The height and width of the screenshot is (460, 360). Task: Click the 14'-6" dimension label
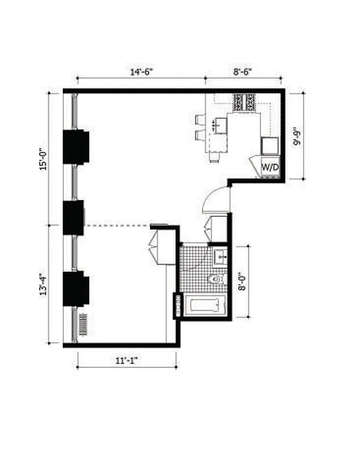coord(141,72)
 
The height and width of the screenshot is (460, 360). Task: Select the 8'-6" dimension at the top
coord(243,72)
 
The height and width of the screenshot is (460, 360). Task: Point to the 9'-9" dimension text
coord(297,134)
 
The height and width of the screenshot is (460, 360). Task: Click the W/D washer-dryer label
coord(270,167)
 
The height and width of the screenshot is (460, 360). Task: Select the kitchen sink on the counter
coord(220,124)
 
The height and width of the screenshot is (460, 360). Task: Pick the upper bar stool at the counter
coord(200,120)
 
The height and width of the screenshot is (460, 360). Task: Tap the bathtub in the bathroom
coord(208,305)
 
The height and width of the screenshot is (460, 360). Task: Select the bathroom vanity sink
coord(221,255)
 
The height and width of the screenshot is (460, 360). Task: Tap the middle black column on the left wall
coord(74,217)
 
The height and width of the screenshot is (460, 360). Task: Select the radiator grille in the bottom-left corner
coord(83,325)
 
